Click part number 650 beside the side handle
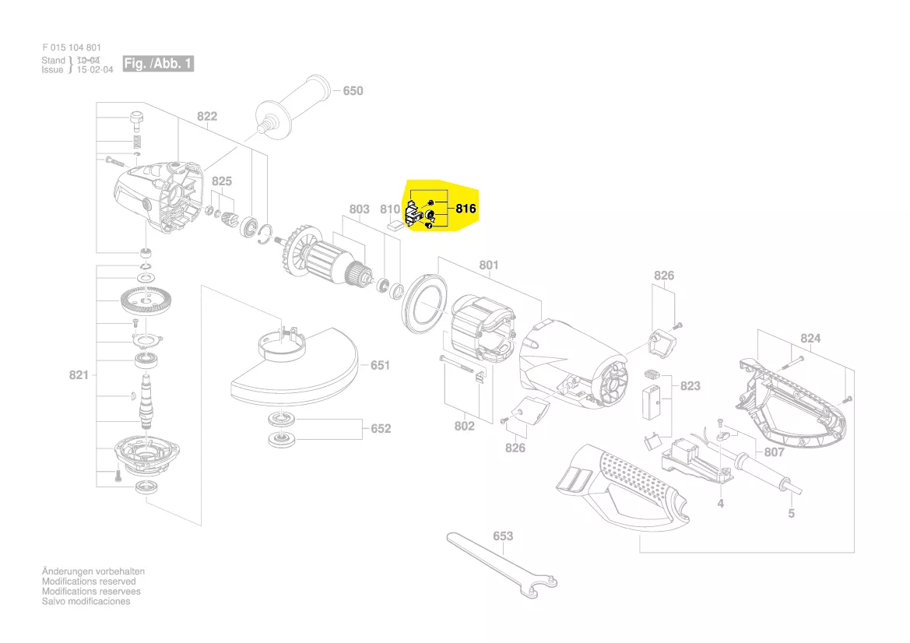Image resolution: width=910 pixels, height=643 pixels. (353, 91)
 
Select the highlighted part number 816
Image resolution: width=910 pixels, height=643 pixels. (466, 209)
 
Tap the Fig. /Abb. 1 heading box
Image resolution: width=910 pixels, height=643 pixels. (158, 64)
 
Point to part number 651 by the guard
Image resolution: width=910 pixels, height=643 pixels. (381, 365)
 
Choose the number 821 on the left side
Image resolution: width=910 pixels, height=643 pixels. (79, 376)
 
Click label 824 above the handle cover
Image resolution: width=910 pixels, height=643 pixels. (810, 339)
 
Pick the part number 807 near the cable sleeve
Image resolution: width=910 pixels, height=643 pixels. (774, 452)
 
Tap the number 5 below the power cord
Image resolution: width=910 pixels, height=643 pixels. (791, 514)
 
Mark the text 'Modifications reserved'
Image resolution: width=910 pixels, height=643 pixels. (89, 582)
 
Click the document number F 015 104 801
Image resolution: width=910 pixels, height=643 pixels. (72, 48)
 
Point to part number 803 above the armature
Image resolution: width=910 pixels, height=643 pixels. (359, 209)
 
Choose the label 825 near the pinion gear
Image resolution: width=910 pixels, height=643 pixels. (222, 181)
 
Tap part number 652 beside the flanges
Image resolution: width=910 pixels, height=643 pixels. (381, 429)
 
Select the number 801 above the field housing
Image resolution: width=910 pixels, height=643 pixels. (488, 265)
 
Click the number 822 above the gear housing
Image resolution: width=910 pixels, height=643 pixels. (207, 117)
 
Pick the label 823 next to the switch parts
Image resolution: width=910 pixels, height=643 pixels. (690, 386)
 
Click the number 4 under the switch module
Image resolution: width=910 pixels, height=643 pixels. (721, 504)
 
